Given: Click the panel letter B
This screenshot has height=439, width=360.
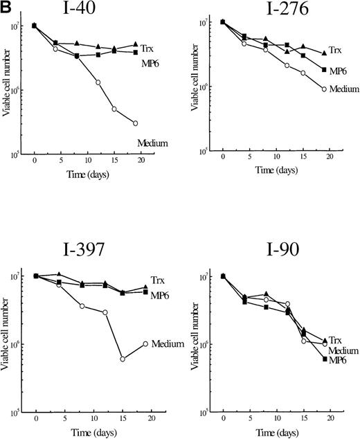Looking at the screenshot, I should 6,7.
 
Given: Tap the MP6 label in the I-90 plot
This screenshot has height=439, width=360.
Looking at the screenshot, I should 337,360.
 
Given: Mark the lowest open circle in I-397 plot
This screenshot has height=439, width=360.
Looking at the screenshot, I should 122,359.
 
